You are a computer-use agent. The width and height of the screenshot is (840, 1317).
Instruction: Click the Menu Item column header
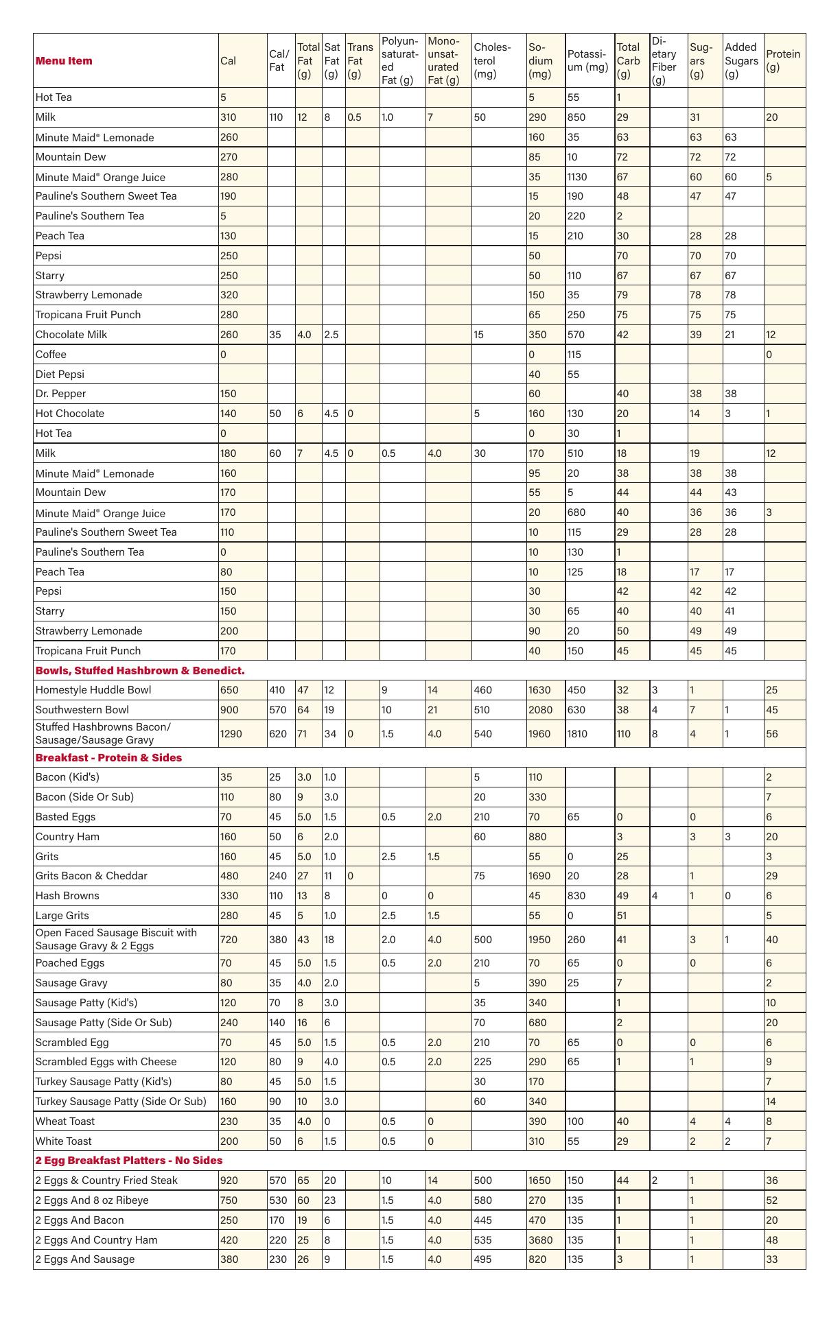tap(64, 60)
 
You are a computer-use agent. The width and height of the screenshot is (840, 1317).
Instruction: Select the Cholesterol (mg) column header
tap(492, 60)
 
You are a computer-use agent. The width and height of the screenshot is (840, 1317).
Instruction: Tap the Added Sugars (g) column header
tap(741, 60)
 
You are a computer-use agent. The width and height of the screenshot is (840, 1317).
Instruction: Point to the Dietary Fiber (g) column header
tap(664, 60)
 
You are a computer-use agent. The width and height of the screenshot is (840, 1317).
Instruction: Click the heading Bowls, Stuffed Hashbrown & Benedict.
tap(140, 670)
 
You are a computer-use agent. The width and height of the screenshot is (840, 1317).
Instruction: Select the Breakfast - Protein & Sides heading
tap(108, 757)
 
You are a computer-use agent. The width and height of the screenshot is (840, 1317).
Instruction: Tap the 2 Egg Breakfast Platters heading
tap(129, 1160)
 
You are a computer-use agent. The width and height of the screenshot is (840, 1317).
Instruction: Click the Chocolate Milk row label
tap(71, 335)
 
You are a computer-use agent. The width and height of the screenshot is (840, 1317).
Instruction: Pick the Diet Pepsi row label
tap(60, 374)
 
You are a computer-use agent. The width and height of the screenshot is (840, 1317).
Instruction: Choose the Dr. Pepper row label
tap(61, 394)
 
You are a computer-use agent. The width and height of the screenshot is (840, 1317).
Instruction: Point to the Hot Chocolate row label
tap(70, 414)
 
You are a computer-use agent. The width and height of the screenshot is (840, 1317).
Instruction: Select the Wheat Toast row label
tap(65, 1121)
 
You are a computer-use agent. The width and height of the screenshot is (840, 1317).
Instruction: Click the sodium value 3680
tap(539, 1239)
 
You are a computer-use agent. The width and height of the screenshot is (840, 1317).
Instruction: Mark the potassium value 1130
tap(577, 177)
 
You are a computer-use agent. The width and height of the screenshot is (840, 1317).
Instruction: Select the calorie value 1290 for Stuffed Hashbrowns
tap(231, 734)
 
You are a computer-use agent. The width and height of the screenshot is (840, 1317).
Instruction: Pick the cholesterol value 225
tap(482, 1061)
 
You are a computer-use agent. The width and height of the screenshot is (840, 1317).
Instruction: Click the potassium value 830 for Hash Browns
tap(575, 896)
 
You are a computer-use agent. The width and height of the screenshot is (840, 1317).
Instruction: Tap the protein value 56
tap(772, 734)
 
